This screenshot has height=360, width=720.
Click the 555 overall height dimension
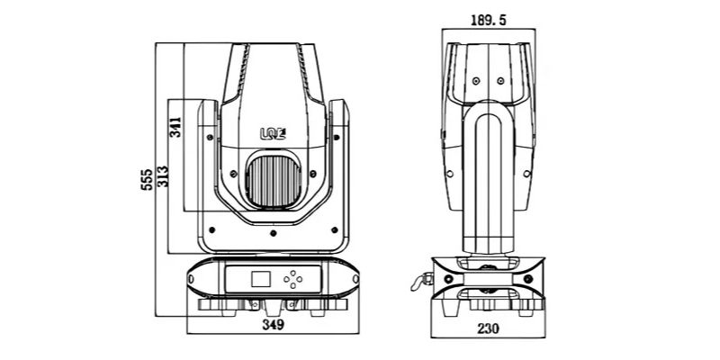[x=146, y=179]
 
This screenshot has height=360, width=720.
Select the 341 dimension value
[x=175, y=127]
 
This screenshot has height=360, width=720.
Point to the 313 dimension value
[x=163, y=176]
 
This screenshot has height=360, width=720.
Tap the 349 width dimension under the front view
[x=274, y=325]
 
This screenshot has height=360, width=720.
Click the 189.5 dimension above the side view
[x=488, y=20]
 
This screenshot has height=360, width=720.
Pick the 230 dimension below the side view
[x=488, y=328]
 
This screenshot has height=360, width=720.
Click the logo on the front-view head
[x=274, y=133]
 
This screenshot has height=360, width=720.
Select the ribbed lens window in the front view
[x=274, y=181]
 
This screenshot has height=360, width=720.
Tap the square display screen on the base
[x=261, y=279]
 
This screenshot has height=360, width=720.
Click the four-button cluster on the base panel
[x=293, y=279]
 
